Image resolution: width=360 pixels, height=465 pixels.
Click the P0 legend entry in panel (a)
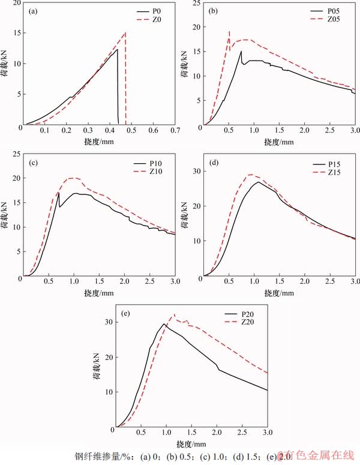(x=163, y=11)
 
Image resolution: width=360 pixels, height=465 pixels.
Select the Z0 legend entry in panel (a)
(x=163, y=19)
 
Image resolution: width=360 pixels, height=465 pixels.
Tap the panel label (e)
(x=126, y=313)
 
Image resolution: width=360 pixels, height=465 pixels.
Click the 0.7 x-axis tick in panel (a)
(x=175, y=130)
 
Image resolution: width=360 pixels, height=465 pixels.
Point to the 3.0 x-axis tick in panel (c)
(x=175, y=281)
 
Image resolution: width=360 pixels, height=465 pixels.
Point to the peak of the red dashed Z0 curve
(x=125, y=32)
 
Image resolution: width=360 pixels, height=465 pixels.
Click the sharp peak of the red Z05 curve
(x=229, y=32)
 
